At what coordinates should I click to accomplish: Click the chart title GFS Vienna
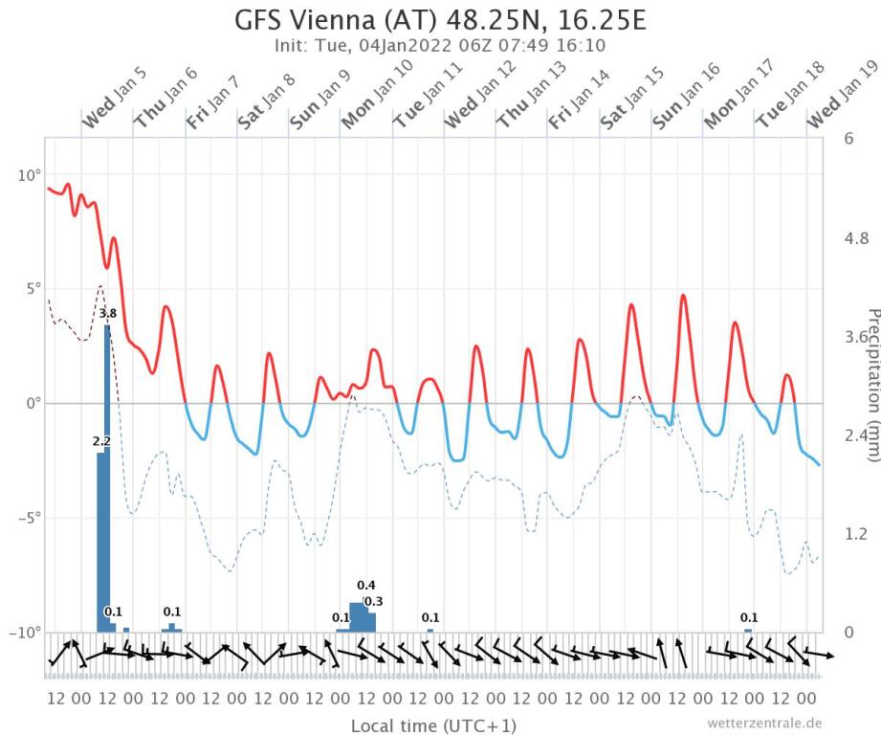(439, 21)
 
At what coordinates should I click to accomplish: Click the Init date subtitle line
(439, 45)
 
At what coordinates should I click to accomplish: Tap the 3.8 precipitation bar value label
(108, 313)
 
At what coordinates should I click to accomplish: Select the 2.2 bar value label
(102, 441)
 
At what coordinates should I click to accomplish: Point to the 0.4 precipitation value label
(366, 586)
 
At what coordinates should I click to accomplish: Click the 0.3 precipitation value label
(373, 601)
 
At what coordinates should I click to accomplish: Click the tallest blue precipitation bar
(108, 479)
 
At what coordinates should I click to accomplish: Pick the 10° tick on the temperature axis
(29, 175)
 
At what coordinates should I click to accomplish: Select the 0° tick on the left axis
(33, 404)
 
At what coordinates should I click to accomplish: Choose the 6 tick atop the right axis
(848, 138)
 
